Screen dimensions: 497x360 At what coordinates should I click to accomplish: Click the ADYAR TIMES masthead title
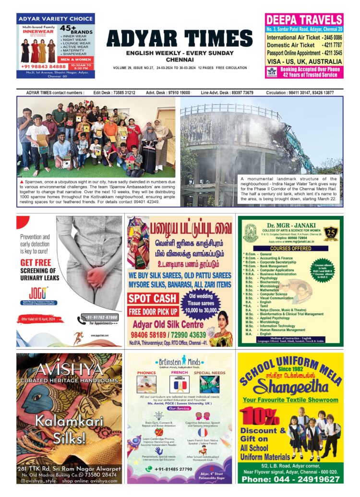pos(180,38)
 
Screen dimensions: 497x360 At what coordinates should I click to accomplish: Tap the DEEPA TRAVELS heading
pos(304,20)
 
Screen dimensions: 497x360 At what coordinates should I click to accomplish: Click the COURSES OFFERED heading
pos(290,248)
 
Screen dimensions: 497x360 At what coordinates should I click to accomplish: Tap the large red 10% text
pos(262,416)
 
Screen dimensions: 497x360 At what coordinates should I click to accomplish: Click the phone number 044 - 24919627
pos(290,478)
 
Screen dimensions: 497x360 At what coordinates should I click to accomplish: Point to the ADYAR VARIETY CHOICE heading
pos(55,19)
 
